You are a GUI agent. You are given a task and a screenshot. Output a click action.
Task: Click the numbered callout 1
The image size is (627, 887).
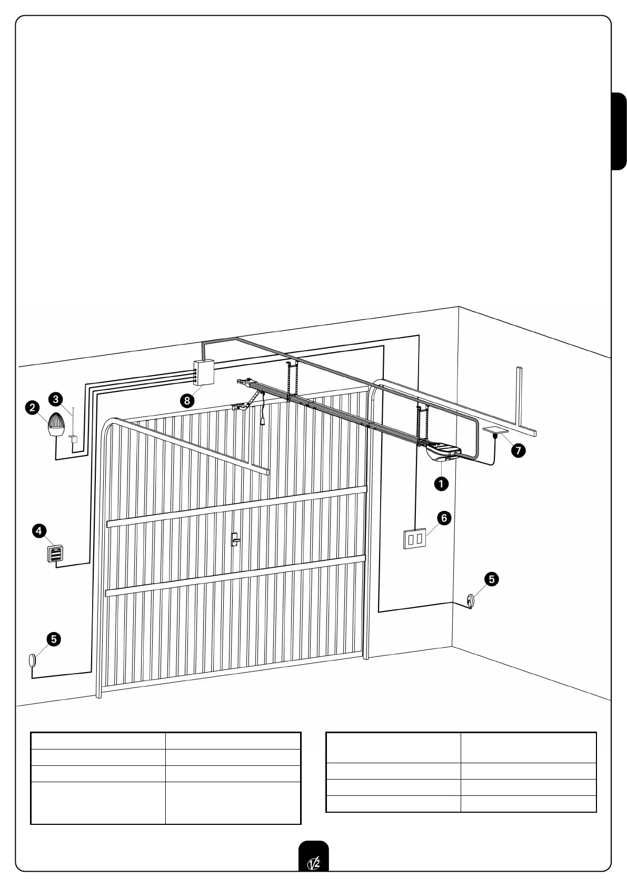click(441, 484)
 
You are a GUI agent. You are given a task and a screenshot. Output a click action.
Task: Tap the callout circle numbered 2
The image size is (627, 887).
click(33, 407)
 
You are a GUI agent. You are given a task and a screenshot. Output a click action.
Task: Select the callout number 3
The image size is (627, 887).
click(56, 399)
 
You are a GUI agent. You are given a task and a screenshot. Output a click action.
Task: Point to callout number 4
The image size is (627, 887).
click(39, 530)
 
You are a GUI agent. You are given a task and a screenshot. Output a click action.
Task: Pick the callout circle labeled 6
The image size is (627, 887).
click(444, 518)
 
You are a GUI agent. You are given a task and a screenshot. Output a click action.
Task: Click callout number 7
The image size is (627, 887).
click(519, 451)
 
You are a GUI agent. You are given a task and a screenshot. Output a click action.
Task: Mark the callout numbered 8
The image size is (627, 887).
click(186, 400)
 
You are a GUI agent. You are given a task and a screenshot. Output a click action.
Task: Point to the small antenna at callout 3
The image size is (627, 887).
click(73, 436)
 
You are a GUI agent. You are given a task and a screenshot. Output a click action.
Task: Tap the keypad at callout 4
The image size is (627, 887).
click(55, 554)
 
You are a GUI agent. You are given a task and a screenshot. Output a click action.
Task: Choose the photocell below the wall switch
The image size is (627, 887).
click(470, 600)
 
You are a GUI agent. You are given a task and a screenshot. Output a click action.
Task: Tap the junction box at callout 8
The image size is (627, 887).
click(203, 372)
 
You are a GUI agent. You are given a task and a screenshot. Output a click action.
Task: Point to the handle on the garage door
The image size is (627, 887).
click(234, 539)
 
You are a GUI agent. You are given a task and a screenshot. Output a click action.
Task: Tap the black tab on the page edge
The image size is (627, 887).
click(619, 132)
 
